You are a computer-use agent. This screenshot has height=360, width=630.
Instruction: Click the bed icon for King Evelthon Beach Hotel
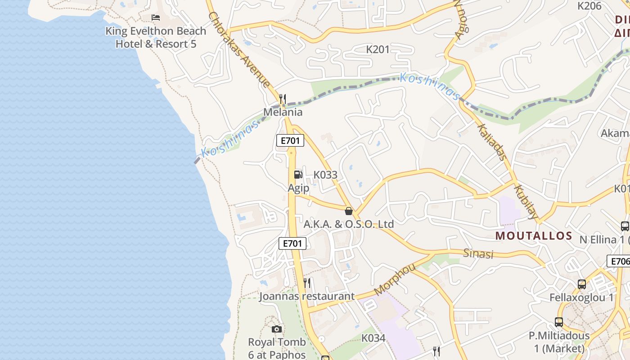click(x=156, y=18)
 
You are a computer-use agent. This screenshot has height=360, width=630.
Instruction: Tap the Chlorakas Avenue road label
click(x=239, y=49)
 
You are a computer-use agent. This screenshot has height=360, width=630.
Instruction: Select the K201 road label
click(x=378, y=49)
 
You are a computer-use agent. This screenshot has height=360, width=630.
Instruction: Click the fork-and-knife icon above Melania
click(x=283, y=99)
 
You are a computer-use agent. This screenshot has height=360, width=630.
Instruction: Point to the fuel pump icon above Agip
click(x=298, y=175)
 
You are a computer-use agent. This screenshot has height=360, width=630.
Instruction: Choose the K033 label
click(x=325, y=175)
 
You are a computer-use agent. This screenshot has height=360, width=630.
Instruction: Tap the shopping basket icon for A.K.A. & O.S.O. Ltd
click(x=348, y=211)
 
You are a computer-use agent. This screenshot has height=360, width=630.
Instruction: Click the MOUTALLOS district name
click(x=534, y=236)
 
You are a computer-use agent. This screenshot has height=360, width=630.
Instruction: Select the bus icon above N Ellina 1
click(x=625, y=226)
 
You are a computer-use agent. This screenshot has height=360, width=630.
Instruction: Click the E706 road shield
click(x=619, y=261)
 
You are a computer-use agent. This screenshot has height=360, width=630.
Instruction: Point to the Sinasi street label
click(x=478, y=254)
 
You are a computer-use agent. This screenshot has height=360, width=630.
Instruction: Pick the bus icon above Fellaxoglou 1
click(x=582, y=284)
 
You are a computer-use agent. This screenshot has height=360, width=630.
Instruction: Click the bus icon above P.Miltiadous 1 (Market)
click(x=559, y=322)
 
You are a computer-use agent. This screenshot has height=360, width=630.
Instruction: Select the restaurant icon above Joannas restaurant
click(x=307, y=283)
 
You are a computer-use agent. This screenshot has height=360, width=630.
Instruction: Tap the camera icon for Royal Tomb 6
click(x=277, y=329)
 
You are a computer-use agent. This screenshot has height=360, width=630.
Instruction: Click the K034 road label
click(x=373, y=338)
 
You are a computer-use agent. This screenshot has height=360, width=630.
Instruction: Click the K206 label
click(x=589, y=6)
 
